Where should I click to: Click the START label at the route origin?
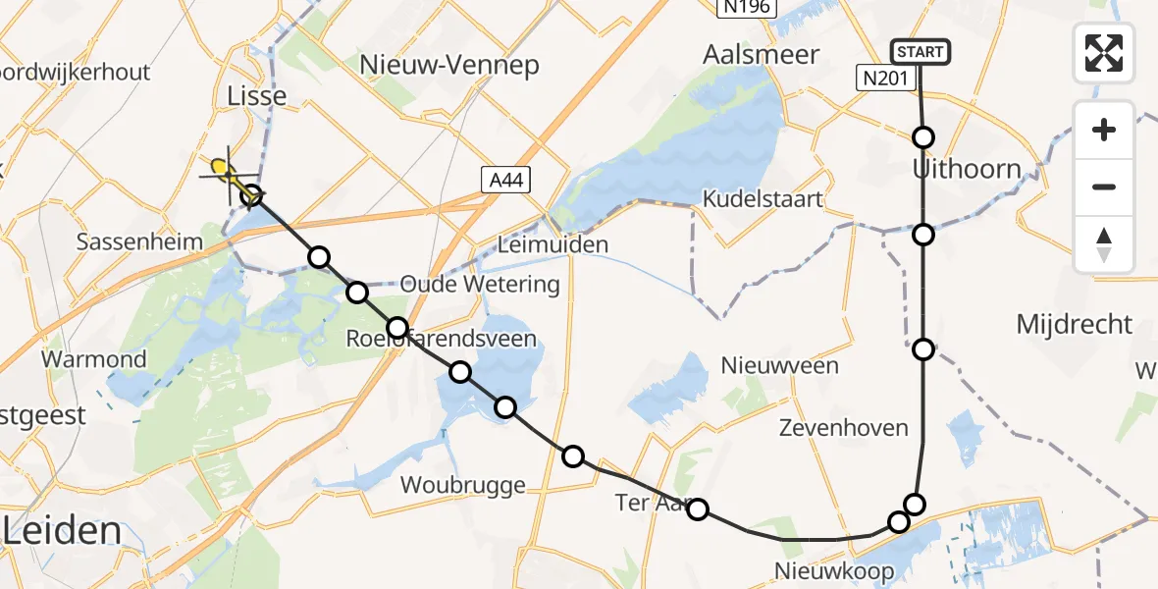point(920,52)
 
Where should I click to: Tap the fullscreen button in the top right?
point(1104,52)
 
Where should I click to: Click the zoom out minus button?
point(1104,187)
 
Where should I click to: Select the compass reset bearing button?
point(1104,244)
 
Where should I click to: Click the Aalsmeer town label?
point(761,55)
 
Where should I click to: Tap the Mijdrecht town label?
point(1074,324)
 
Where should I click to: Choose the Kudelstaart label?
point(763,199)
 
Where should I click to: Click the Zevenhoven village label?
point(843,428)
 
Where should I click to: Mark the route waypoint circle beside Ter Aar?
point(697,509)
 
